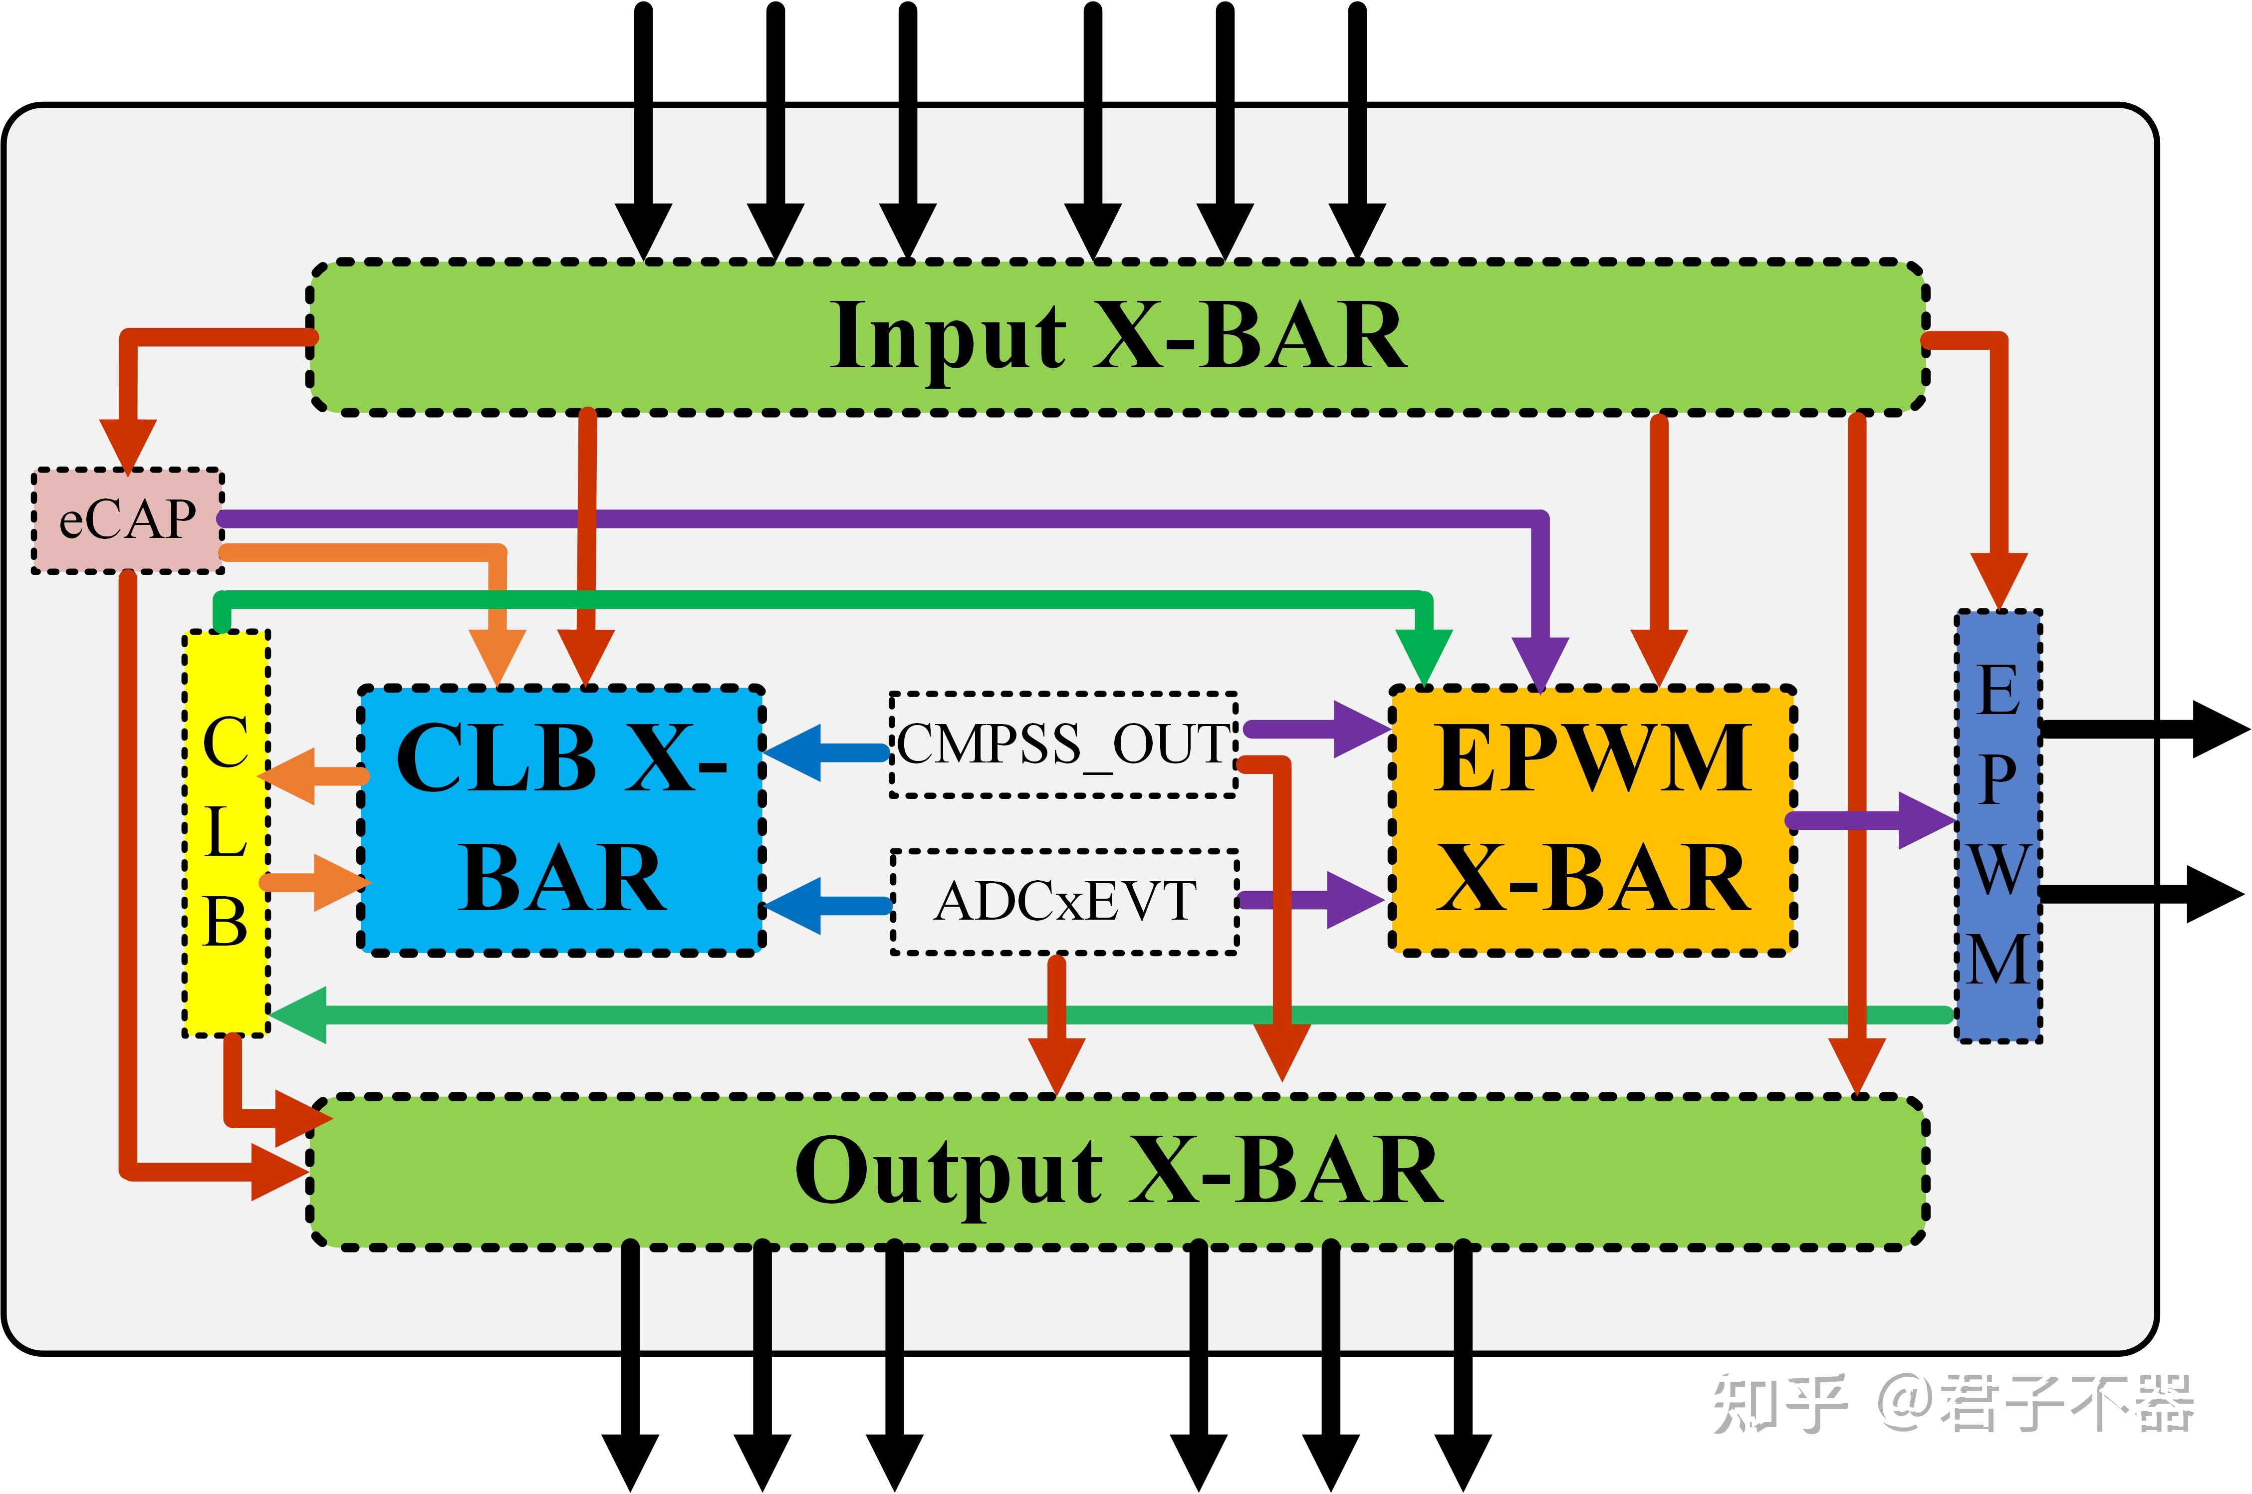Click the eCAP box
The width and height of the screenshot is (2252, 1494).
point(128,520)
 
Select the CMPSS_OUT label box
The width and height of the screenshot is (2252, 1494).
point(1063,744)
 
